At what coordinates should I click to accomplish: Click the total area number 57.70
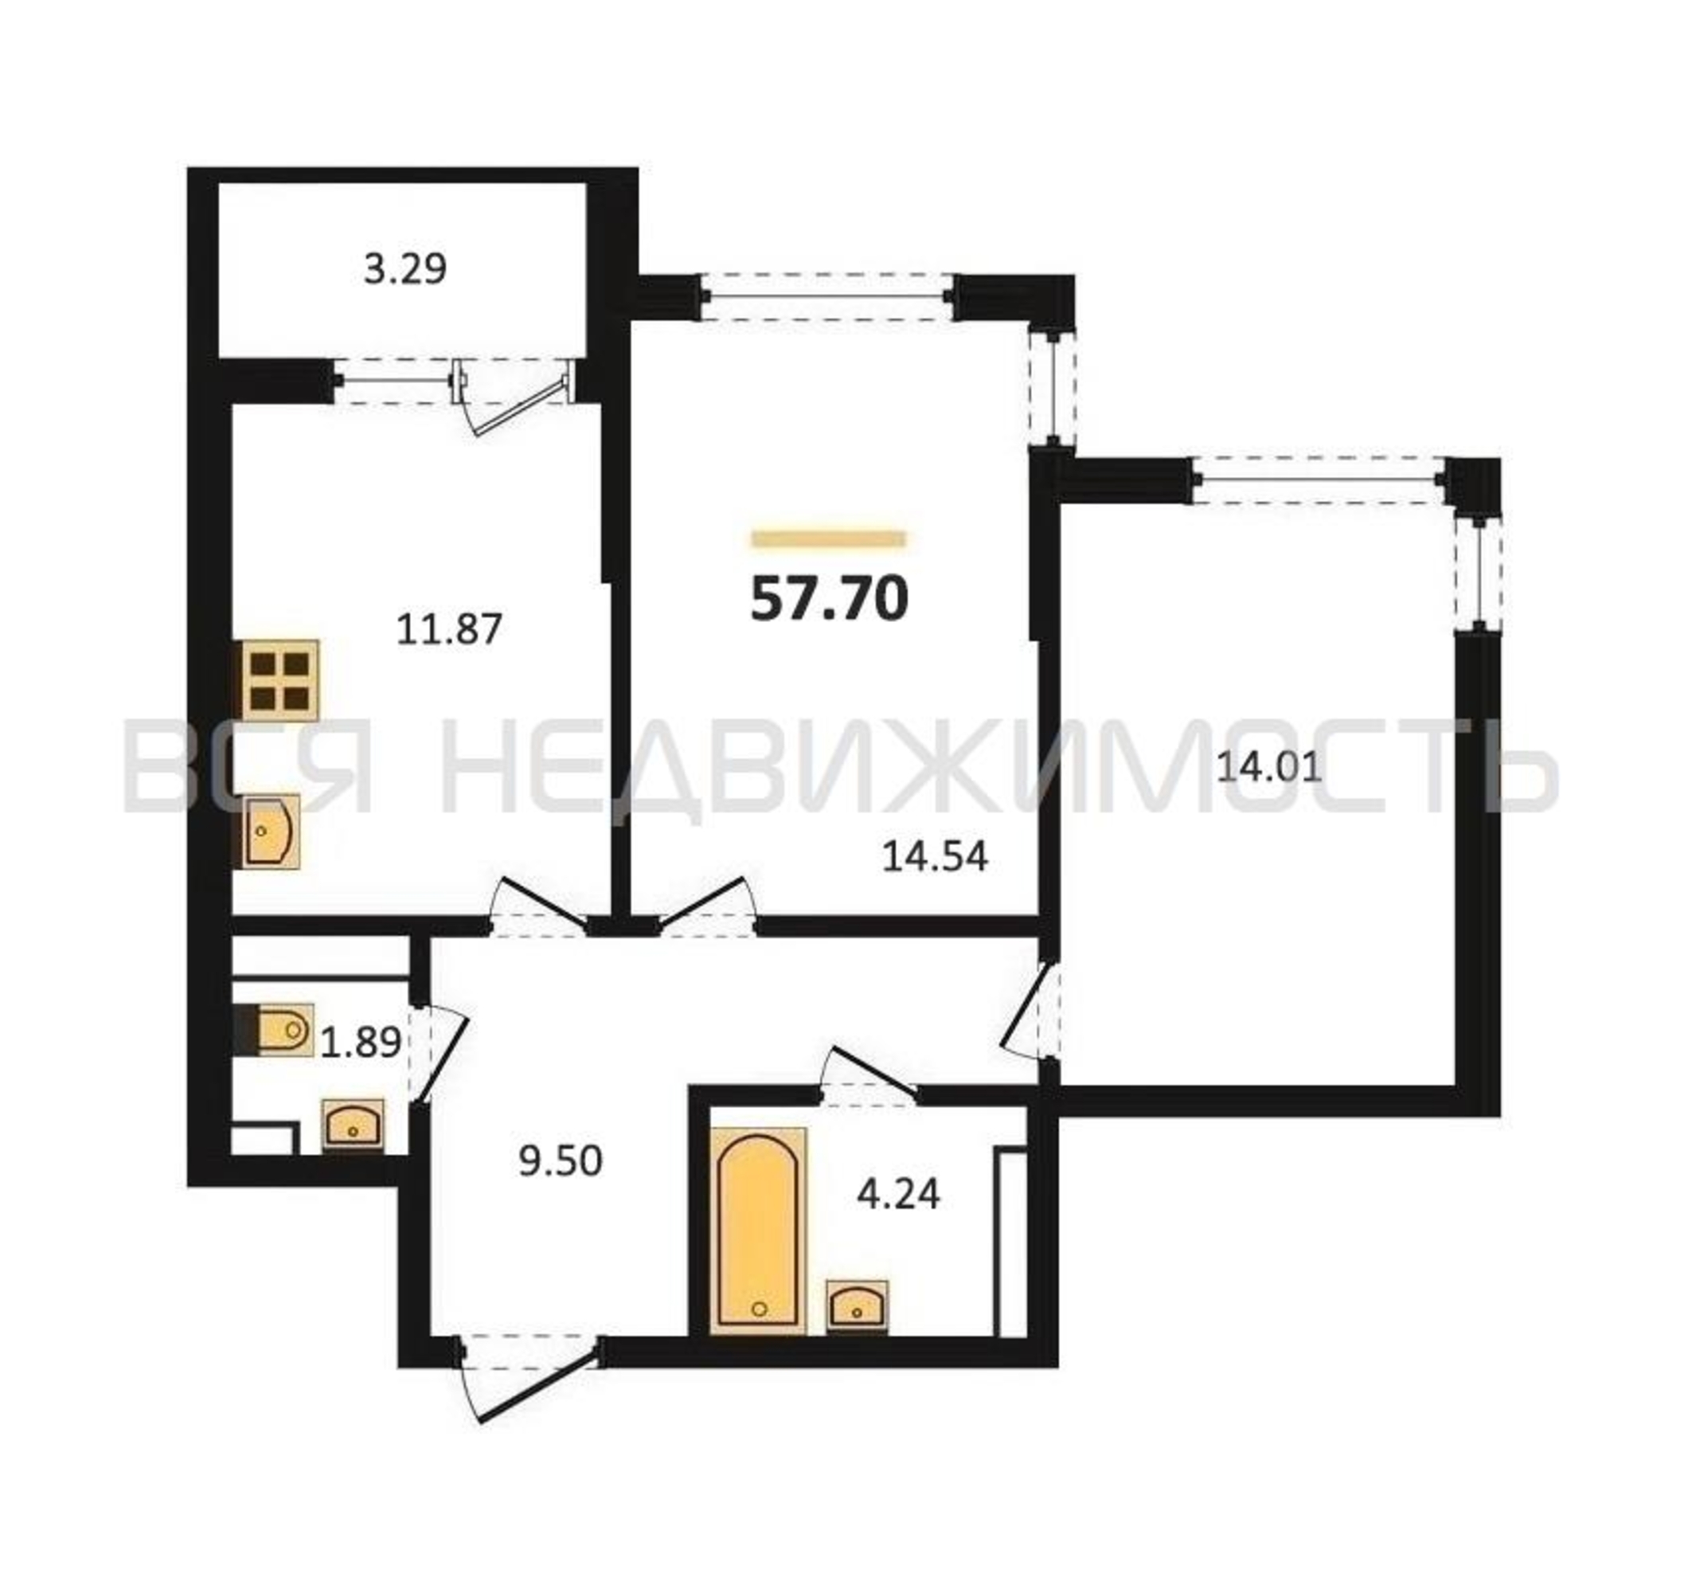pyautogui.click(x=829, y=598)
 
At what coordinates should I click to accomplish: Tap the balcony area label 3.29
pyautogui.click(x=405, y=270)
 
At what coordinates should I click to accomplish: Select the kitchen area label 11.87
pyautogui.click(x=449, y=630)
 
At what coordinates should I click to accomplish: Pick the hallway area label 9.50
pyautogui.click(x=560, y=1161)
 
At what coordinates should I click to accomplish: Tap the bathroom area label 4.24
pyautogui.click(x=898, y=1195)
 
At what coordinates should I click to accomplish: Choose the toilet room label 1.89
pyautogui.click(x=361, y=1041)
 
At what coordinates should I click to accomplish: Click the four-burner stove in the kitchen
pyautogui.click(x=281, y=680)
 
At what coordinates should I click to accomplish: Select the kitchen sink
pyautogui.click(x=272, y=831)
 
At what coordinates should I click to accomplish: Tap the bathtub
pyautogui.click(x=758, y=1231)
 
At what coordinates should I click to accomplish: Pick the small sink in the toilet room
pyautogui.click(x=353, y=1125)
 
